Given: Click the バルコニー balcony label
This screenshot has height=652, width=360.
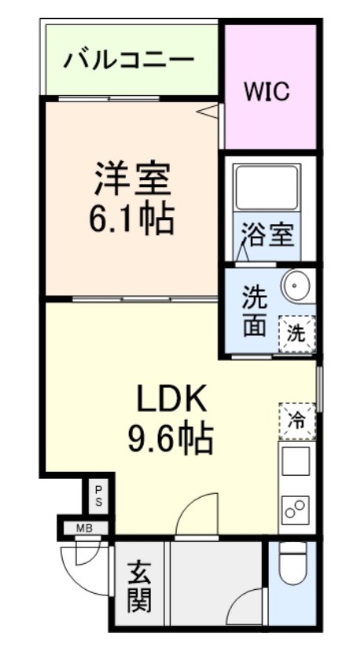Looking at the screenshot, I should (130, 60).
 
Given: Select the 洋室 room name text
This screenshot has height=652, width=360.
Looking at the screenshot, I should (131, 178).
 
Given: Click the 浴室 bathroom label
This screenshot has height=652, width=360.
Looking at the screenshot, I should (267, 234).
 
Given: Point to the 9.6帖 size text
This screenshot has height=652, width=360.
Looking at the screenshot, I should (171, 440).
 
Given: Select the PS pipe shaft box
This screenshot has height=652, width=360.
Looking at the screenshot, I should (99, 495).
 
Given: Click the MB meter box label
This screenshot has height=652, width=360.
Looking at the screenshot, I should (84, 528).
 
